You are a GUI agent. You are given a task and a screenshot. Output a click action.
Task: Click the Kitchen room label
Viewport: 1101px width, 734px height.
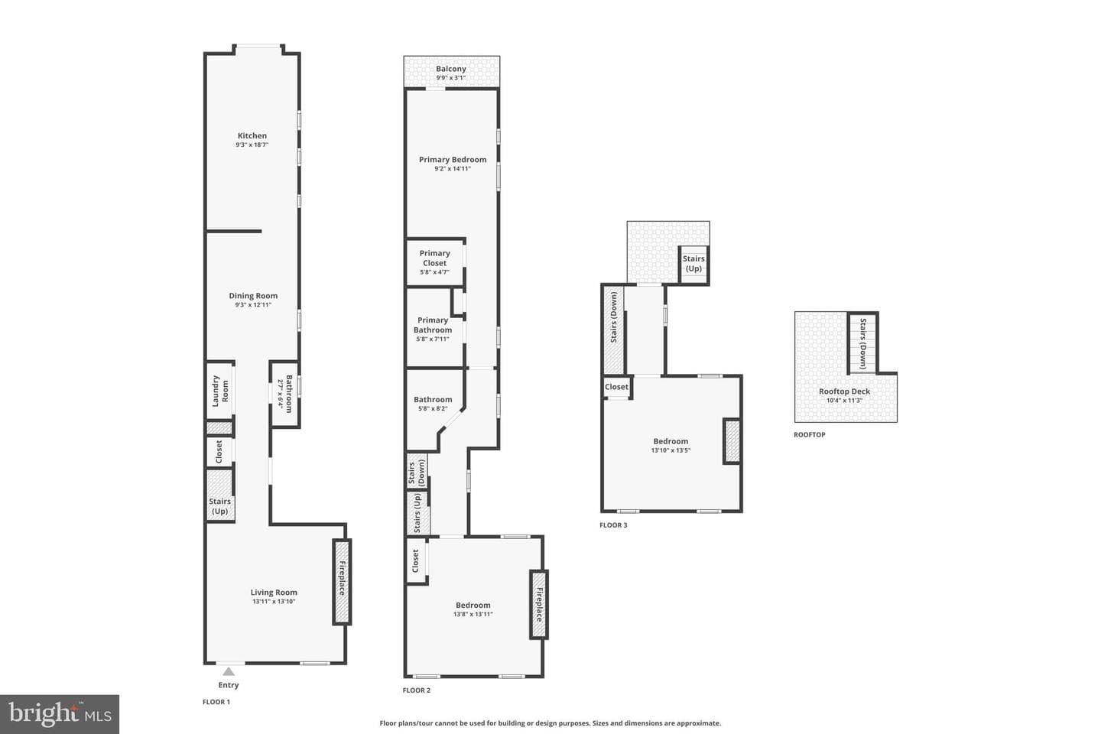pyautogui.click(x=252, y=135)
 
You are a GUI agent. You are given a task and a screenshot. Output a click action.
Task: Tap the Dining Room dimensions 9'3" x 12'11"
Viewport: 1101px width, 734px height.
pyautogui.click(x=253, y=305)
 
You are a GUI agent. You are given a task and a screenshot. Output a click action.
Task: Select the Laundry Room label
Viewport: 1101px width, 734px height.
pyautogui.click(x=220, y=391)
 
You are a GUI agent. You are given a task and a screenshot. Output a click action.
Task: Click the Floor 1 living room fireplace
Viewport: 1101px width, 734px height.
pyautogui.click(x=342, y=582)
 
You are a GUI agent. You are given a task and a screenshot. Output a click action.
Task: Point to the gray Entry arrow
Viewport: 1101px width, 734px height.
pyautogui.click(x=229, y=671)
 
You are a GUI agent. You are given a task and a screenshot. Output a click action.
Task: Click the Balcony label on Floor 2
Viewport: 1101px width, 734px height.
pyautogui.click(x=451, y=69)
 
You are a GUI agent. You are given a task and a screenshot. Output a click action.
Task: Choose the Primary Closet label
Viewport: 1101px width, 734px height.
pyautogui.click(x=434, y=258)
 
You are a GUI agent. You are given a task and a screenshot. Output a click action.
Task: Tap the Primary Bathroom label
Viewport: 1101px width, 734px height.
pyautogui.click(x=433, y=325)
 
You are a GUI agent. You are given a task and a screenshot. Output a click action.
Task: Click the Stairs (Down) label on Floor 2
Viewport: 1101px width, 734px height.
pyautogui.click(x=416, y=473)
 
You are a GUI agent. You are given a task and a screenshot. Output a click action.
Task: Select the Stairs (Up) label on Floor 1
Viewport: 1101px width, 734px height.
pyautogui.click(x=219, y=506)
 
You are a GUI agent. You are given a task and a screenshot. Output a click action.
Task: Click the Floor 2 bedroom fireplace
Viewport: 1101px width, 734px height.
pyautogui.click(x=539, y=605)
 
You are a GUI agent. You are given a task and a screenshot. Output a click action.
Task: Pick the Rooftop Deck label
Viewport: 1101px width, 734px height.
pyautogui.click(x=844, y=391)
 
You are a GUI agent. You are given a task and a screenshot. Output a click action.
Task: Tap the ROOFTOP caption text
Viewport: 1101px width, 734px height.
pyautogui.click(x=810, y=434)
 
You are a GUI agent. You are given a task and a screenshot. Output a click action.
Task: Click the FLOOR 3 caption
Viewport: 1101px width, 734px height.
pyautogui.click(x=613, y=525)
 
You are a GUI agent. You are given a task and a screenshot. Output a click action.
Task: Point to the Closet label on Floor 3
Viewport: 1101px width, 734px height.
pyautogui.click(x=616, y=387)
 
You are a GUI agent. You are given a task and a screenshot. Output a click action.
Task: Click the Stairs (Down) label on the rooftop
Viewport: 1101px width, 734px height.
pyautogui.click(x=863, y=343)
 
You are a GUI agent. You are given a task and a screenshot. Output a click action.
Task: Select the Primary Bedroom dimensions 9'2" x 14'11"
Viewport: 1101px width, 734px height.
pyautogui.click(x=453, y=169)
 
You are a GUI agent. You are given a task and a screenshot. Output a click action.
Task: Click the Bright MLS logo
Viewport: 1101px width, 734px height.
pyautogui.click(x=60, y=714)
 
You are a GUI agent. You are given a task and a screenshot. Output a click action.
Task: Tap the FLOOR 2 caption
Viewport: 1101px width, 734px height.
pyautogui.click(x=416, y=690)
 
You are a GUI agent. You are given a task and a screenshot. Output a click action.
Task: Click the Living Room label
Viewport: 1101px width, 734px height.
pyautogui.click(x=274, y=593)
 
